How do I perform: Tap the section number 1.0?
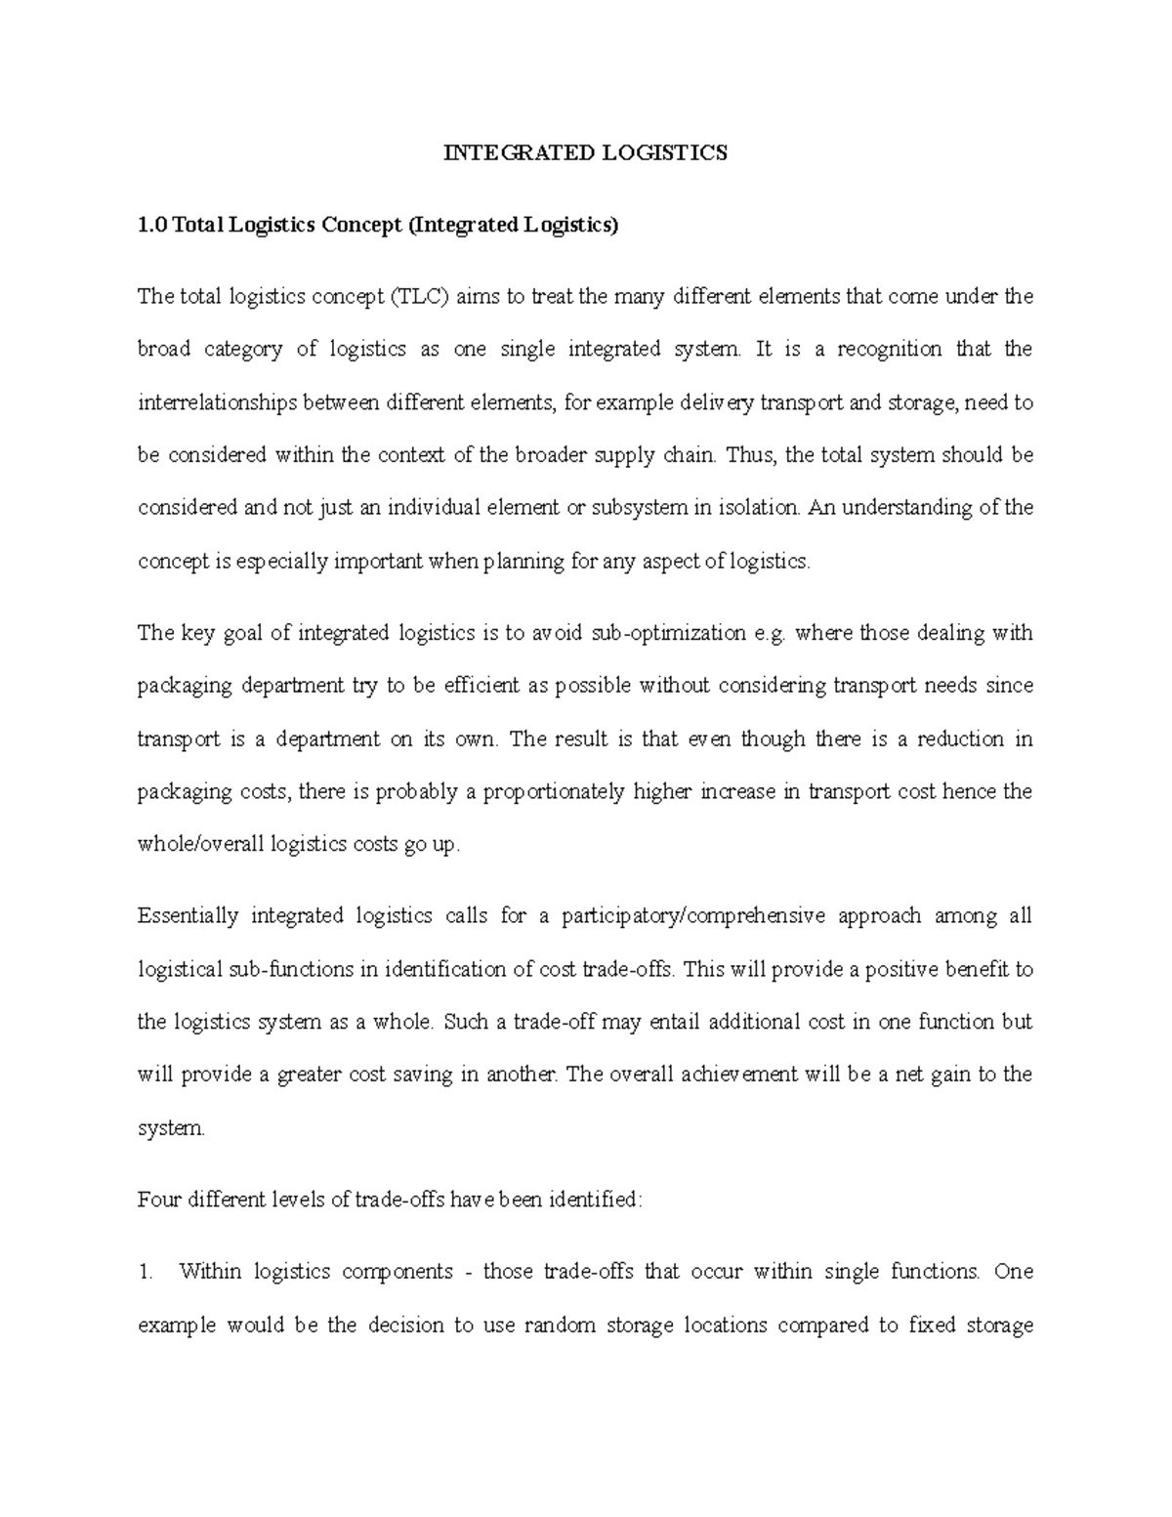tap(152, 226)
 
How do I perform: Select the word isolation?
tap(765, 508)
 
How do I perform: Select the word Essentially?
tap(188, 916)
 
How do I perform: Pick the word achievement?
tap(738, 1075)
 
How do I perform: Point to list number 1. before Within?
tap(146, 1272)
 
